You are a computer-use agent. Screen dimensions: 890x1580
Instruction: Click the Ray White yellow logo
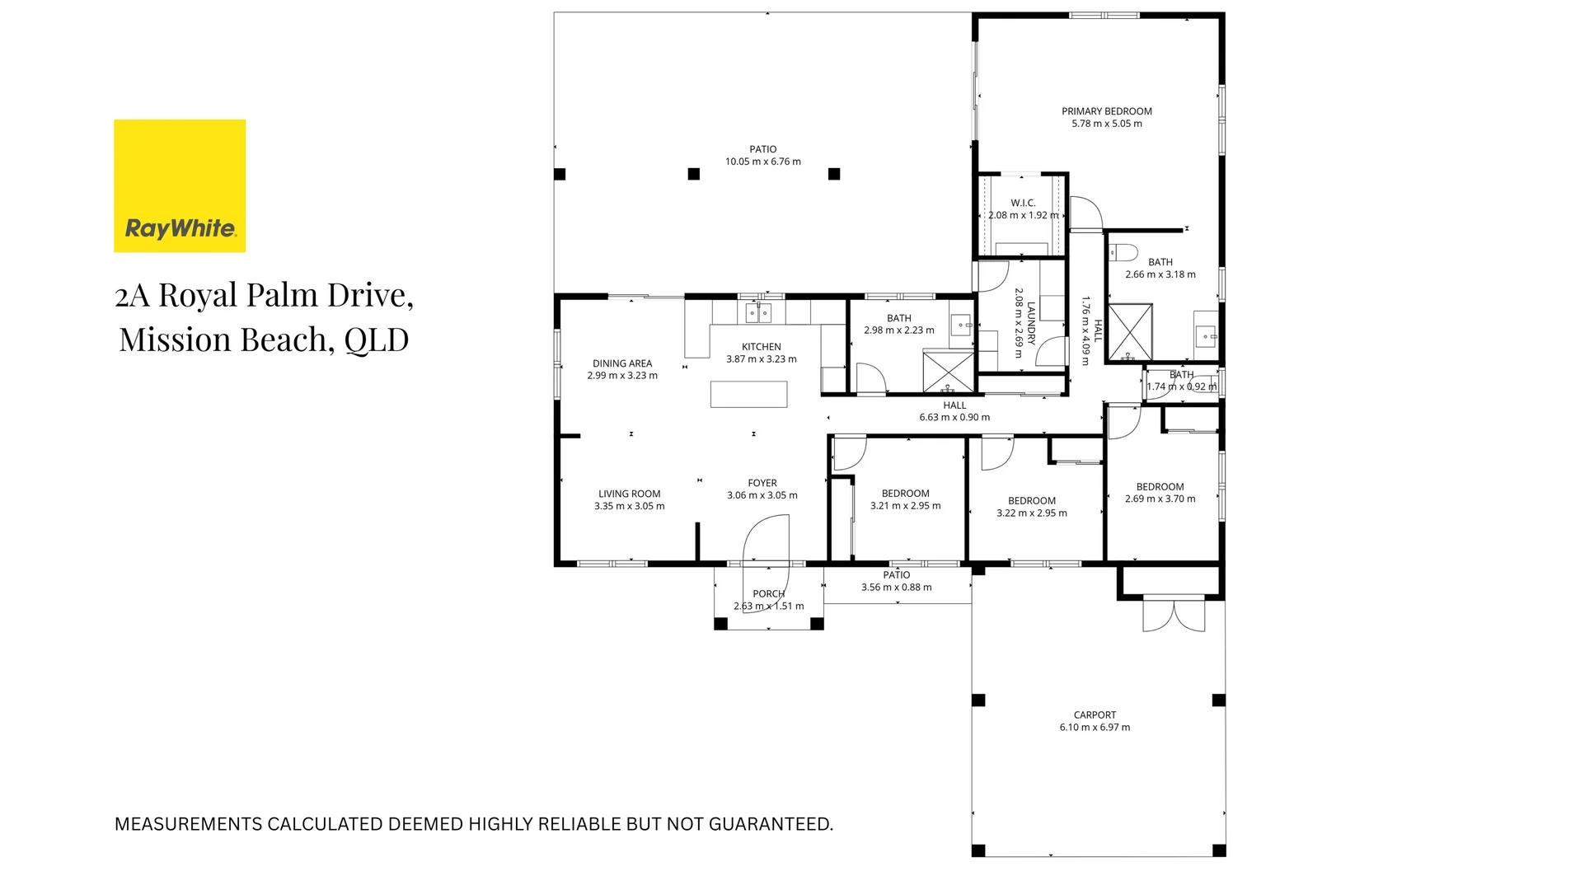[180, 185]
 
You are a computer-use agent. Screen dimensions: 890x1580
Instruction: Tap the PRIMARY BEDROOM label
[1106, 111]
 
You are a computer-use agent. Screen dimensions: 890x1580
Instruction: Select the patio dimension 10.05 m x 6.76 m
[762, 162]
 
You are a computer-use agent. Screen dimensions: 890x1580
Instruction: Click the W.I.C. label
[1022, 203]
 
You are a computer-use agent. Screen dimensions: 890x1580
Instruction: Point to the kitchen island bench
[748, 394]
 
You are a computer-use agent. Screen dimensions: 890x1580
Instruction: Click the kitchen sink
[758, 313]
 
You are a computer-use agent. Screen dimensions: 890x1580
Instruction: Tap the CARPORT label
[1095, 714]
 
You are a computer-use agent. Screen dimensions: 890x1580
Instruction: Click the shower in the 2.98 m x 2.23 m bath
[948, 372]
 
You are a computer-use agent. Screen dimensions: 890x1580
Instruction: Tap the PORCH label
[768, 593]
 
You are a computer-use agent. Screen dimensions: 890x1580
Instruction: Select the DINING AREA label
[622, 363]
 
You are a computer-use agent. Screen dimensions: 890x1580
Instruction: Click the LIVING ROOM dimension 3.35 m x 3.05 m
[629, 506]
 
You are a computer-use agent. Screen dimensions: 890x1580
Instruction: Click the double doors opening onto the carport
[1174, 615]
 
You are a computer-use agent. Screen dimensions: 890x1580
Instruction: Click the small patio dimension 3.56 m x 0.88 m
[896, 588]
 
